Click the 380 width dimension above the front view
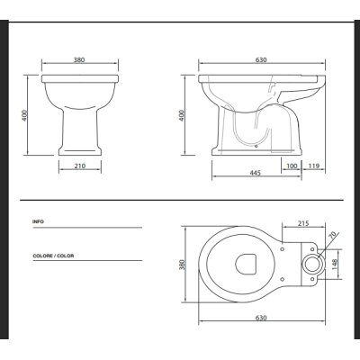coord(79,59)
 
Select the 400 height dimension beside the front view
coord(25,115)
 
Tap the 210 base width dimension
coord(80,166)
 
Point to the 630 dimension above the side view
coord(261,59)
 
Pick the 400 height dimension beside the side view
coord(182,115)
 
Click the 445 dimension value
coord(256,173)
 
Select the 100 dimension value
coord(292,166)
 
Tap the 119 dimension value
coord(313,166)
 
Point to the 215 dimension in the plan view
coord(303,223)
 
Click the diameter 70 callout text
coord(333,236)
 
